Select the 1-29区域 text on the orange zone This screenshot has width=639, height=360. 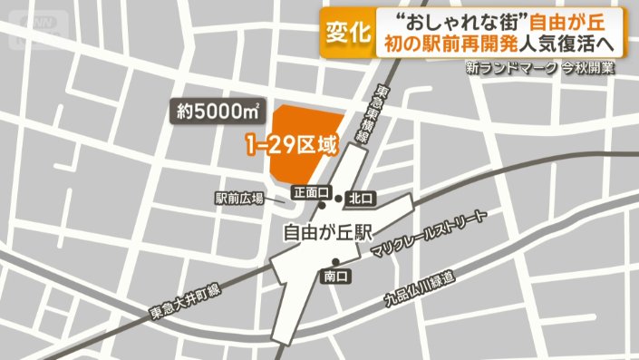pos(291,144)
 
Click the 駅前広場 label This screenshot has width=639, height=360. pos(238,199)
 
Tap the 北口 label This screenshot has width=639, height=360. pos(362,198)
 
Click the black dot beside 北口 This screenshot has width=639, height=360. pos(338,198)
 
